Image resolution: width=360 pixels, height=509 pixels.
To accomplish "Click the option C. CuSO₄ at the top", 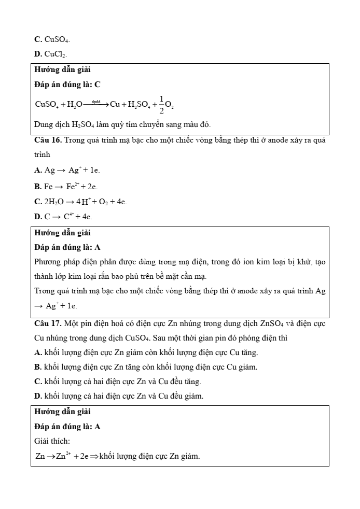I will (x=52, y=39).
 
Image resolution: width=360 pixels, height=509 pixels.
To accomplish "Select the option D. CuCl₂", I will (x=50, y=53).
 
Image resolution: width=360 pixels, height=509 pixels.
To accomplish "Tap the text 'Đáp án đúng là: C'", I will (x=67, y=84).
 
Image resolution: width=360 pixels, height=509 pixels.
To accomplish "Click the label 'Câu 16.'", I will (x=48, y=140).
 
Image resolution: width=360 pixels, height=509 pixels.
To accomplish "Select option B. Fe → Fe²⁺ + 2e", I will (x=66, y=186).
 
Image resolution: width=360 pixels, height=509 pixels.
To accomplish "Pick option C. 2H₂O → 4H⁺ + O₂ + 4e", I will (x=80, y=202).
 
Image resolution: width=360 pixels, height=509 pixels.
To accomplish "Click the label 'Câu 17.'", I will (x=48, y=324).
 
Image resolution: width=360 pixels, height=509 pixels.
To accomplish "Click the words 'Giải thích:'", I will (x=52, y=441).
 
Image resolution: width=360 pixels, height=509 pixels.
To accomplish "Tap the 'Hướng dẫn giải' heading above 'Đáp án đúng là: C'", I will (x=62, y=69).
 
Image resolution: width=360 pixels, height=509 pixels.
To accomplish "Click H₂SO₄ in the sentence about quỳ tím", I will (x=79, y=124).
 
